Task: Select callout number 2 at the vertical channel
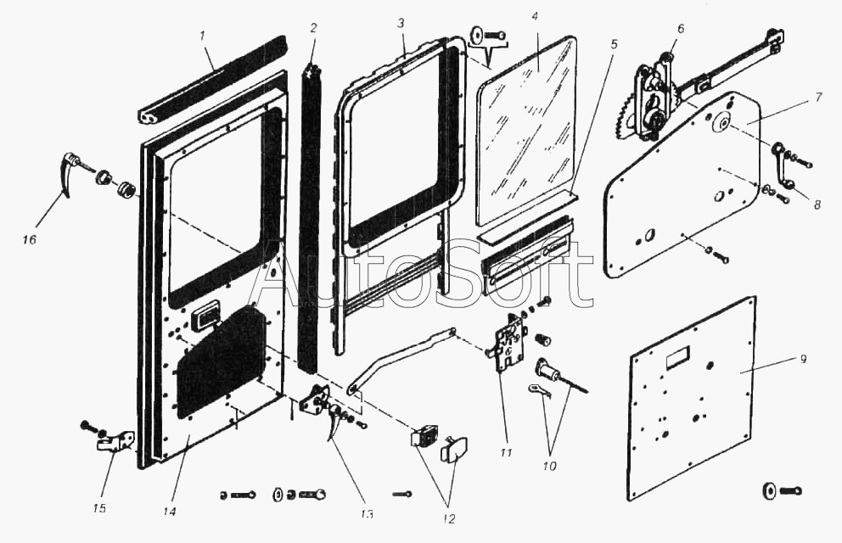[x=313, y=28]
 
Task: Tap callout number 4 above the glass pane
[x=535, y=16]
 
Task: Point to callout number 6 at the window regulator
[x=680, y=28]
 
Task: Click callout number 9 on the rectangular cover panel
[x=804, y=360]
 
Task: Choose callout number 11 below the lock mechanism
[x=506, y=452]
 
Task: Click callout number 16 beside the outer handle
[x=30, y=240]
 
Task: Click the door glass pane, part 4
[x=526, y=127]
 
